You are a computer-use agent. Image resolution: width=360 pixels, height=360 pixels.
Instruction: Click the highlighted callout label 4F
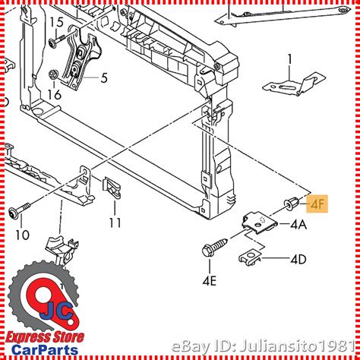[x=317, y=204]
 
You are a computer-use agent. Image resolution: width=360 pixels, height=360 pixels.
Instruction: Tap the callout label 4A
[x=298, y=224]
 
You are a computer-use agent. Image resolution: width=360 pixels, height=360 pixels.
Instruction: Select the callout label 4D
[x=298, y=260]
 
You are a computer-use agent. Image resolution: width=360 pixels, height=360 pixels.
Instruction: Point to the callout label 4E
[x=210, y=281]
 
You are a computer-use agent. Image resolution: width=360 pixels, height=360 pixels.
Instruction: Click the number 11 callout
[x=115, y=223]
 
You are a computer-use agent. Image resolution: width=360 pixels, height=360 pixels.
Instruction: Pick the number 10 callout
[x=23, y=235]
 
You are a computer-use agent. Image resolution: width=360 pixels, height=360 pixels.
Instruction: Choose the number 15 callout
[x=56, y=22]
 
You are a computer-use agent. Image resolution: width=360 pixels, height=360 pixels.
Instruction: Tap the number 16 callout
[x=55, y=95]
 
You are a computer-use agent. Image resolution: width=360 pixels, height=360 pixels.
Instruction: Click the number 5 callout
[x=104, y=77]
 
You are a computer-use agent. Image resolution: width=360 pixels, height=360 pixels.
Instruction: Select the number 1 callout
[x=290, y=60]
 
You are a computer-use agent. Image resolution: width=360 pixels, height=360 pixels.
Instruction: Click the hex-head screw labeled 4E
[x=215, y=246]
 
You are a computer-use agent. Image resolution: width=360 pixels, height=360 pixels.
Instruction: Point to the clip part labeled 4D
[x=250, y=258]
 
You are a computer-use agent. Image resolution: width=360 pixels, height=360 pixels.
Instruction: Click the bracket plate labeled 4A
[x=260, y=223]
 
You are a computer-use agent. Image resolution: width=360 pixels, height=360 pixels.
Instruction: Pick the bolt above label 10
[x=19, y=209]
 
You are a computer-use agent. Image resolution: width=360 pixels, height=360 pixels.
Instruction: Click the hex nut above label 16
[x=53, y=74]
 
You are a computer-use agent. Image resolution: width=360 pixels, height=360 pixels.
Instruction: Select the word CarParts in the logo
[x=45, y=350]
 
